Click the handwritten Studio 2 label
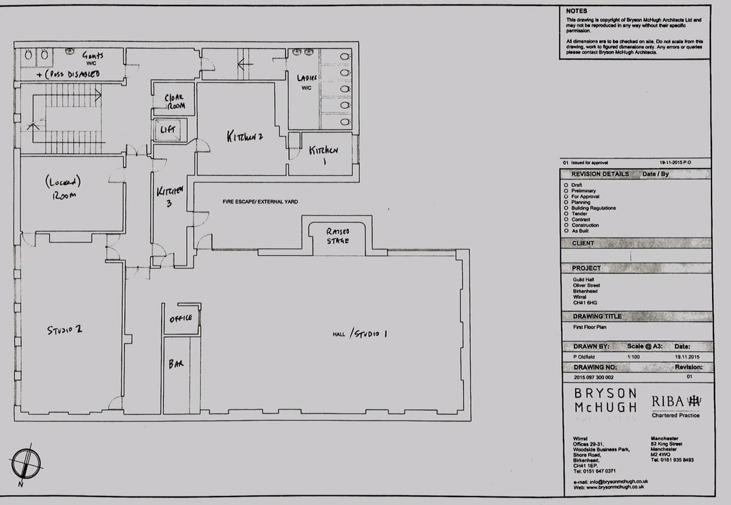[x=65, y=330]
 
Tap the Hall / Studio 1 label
[x=360, y=333]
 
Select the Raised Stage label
[x=337, y=236]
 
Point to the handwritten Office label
[x=181, y=318]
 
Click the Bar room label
[x=176, y=364]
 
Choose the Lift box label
[x=168, y=130]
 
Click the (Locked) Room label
[x=63, y=188]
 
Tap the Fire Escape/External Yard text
[x=260, y=201]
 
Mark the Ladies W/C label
[x=305, y=82]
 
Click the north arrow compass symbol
[x=26, y=463]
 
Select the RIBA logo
[x=676, y=401]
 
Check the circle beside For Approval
[x=567, y=197]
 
